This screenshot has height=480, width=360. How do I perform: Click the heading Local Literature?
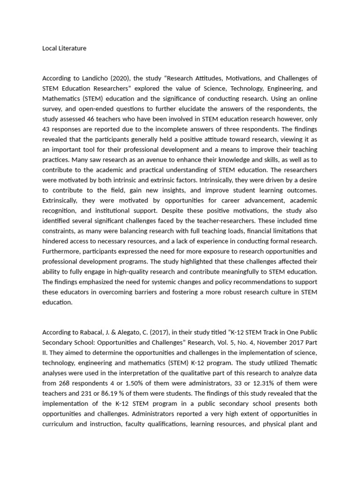pos(64,48)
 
